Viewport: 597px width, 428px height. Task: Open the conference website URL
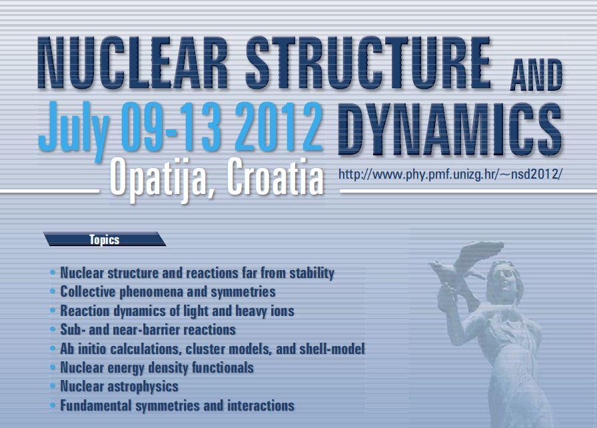click(x=450, y=175)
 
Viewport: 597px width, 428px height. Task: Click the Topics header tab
click(x=104, y=239)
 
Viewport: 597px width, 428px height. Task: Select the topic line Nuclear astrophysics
click(x=119, y=386)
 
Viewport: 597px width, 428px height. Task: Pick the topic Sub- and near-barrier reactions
click(x=148, y=329)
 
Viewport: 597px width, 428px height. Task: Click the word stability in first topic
click(x=310, y=273)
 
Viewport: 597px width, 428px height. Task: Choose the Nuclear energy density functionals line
click(x=157, y=367)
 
